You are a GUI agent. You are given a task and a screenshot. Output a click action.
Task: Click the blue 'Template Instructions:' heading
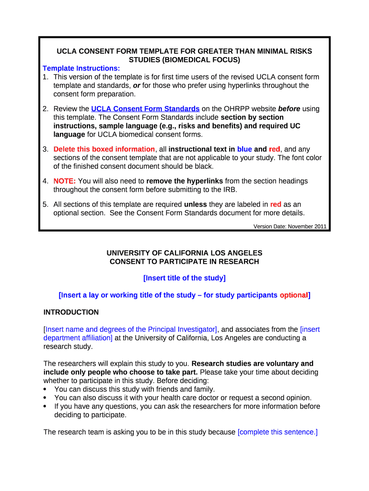tap(81, 69)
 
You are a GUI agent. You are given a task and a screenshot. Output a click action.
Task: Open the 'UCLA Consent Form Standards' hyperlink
tap(145, 109)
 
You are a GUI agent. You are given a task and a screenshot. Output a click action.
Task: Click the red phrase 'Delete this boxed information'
tap(104, 149)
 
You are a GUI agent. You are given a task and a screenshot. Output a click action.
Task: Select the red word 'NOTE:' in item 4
tap(65, 181)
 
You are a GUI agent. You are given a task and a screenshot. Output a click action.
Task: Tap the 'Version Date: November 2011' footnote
tap(290, 226)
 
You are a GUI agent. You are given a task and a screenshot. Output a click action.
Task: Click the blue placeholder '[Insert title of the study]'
tap(184, 278)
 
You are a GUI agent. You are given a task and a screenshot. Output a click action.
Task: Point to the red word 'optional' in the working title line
tap(294, 295)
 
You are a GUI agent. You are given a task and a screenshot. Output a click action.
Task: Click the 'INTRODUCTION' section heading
tap(71, 312)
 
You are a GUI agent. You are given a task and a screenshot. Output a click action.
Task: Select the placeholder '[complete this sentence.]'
tap(277, 432)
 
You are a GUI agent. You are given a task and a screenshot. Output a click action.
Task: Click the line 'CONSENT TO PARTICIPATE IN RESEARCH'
tap(184, 262)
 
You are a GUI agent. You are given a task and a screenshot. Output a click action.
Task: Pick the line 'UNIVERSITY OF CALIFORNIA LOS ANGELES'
tap(184, 253)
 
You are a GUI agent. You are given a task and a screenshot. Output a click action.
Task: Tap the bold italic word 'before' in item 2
tap(289, 109)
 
